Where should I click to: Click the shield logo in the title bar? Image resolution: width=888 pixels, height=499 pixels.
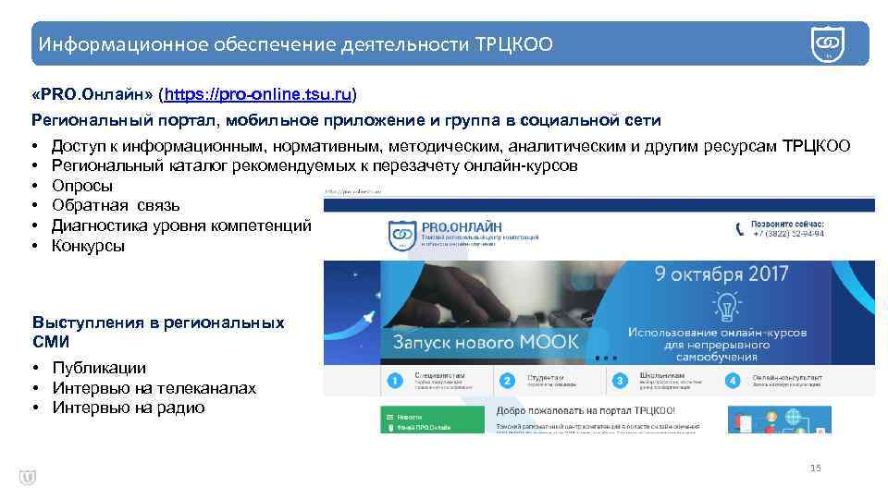click(827, 43)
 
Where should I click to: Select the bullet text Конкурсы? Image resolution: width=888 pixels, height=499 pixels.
click(88, 246)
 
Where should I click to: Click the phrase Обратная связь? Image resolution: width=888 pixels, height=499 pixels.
click(116, 205)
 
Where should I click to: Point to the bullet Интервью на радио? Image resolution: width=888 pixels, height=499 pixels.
click(128, 408)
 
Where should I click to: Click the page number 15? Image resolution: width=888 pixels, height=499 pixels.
click(815, 468)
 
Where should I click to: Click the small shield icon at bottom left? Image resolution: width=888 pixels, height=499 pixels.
click(27, 477)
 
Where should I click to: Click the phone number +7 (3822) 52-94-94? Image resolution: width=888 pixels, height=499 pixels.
click(788, 234)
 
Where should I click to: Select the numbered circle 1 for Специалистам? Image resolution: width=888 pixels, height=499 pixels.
click(394, 381)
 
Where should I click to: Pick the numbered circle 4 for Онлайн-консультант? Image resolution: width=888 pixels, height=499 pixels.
click(734, 381)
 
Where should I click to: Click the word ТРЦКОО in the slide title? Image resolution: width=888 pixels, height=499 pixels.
click(513, 44)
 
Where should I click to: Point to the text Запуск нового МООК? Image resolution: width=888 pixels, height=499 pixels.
click(486, 342)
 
